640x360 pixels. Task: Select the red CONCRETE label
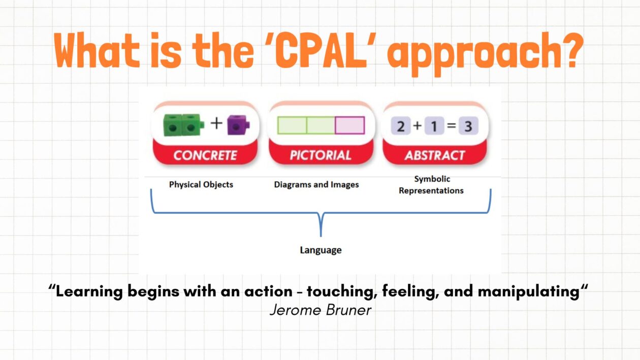tap(206, 155)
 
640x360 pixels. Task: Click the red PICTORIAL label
tap(321, 155)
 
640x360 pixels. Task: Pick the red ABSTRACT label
tap(434, 155)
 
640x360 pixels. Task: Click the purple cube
tap(237, 125)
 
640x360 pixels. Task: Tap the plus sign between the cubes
tap(217, 123)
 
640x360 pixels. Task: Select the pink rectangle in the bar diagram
tap(349, 125)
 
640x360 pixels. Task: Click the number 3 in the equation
tap(468, 126)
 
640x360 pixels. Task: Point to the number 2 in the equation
tap(401, 126)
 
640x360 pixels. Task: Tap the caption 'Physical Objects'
tap(201, 184)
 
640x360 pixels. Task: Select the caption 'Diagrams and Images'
tap(316, 185)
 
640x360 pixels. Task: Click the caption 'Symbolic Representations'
tap(431, 185)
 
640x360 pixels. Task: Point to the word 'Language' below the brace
tap(321, 250)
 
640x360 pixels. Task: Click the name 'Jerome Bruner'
tap(321, 309)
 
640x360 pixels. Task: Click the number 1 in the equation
tap(434, 126)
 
